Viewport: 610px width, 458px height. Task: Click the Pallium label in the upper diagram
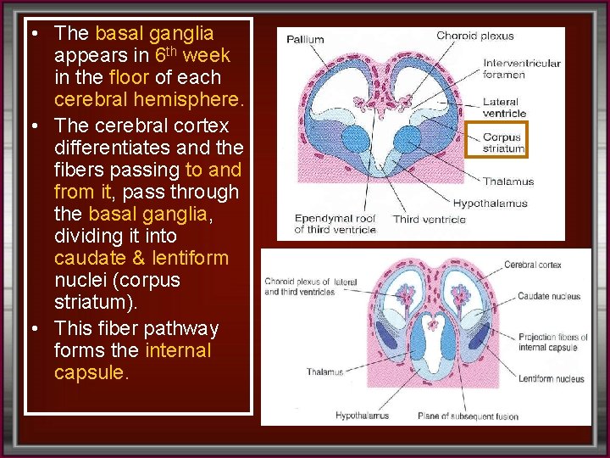[305, 39]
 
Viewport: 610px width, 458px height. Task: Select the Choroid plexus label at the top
[474, 36]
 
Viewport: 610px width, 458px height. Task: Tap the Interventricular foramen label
[521, 68]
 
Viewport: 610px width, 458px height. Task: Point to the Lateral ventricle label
[505, 108]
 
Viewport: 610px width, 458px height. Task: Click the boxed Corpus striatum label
[503, 142]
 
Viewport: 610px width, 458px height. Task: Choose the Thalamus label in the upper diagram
[508, 181]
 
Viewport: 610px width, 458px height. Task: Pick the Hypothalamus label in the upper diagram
[490, 204]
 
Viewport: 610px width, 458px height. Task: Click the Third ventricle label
[429, 220]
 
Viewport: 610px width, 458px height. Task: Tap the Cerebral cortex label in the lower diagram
[532, 265]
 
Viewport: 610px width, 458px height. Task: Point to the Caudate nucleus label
[549, 297]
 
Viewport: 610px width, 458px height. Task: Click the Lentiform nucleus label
[552, 379]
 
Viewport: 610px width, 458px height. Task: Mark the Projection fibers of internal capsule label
[552, 342]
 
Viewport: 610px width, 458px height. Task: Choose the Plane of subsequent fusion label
[468, 416]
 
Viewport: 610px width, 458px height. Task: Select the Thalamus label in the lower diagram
[324, 371]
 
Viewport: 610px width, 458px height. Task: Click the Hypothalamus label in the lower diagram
[362, 416]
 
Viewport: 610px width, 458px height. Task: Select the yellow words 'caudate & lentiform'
[141, 257]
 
